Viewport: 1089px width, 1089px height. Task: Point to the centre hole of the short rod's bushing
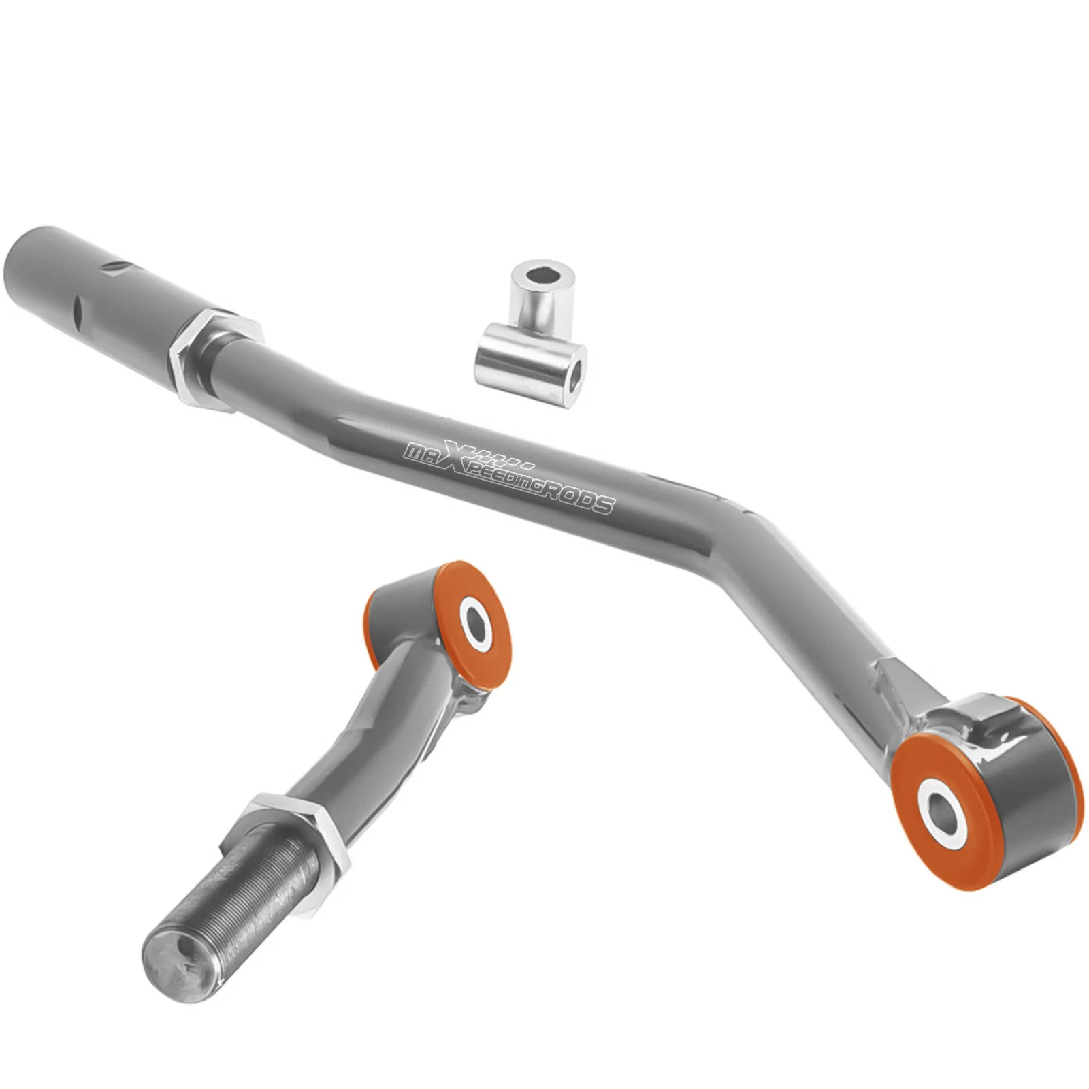(x=476, y=620)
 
